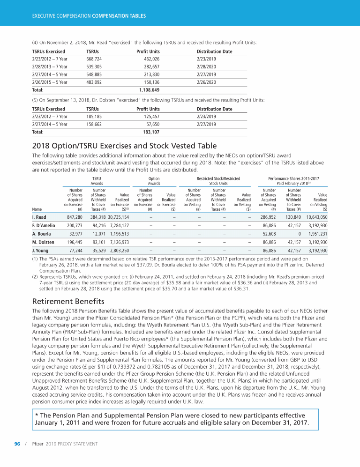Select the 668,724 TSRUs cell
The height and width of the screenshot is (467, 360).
[x=96, y=59]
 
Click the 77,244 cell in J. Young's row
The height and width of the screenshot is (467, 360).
[x=75, y=251]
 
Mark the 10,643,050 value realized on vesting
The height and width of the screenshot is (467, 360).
[x=316, y=217]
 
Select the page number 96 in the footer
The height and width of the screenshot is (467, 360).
[x=17, y=443]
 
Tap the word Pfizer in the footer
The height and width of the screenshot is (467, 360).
[x=38, y=443]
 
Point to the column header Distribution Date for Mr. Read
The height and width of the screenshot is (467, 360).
[x=214, y=51]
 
